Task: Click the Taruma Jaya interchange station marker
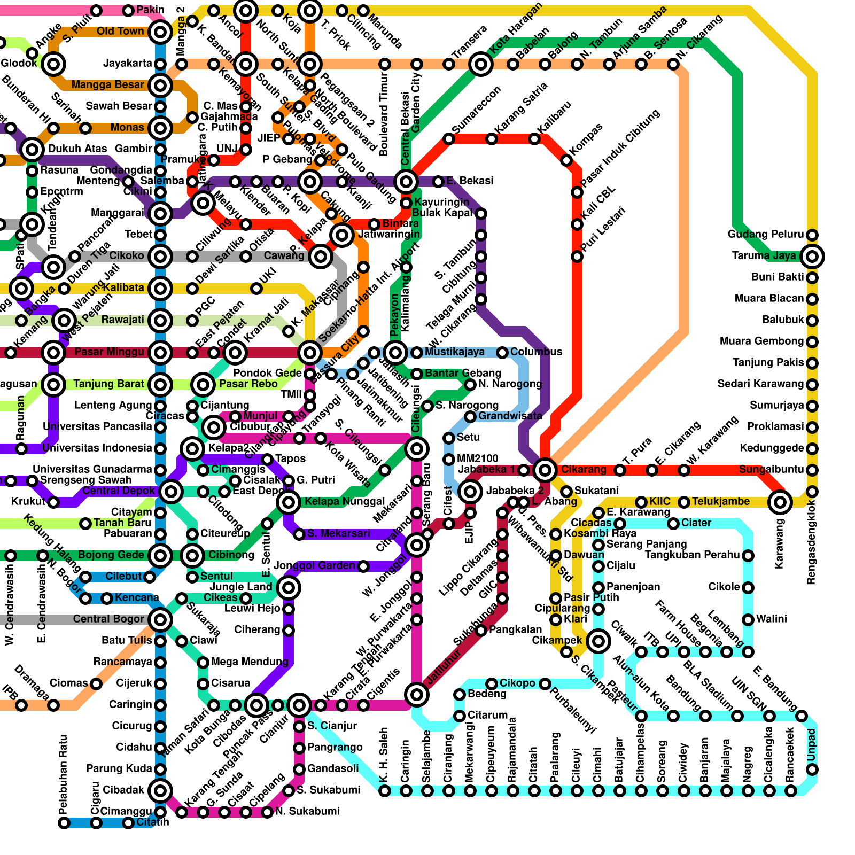812,256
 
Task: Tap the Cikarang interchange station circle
545,470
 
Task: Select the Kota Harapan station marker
481,64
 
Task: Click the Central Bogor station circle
160,620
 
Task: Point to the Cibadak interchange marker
160,790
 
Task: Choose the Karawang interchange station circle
780,502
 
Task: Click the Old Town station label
120,32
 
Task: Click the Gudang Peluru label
765,235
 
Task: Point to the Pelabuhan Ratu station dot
64,823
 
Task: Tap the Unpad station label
812,744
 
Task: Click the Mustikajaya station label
454,352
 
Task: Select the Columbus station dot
502,353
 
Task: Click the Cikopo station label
517,683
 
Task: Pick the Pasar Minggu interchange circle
160,353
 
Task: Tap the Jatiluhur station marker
417,695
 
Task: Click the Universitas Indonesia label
97,448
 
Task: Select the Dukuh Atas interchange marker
32,150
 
